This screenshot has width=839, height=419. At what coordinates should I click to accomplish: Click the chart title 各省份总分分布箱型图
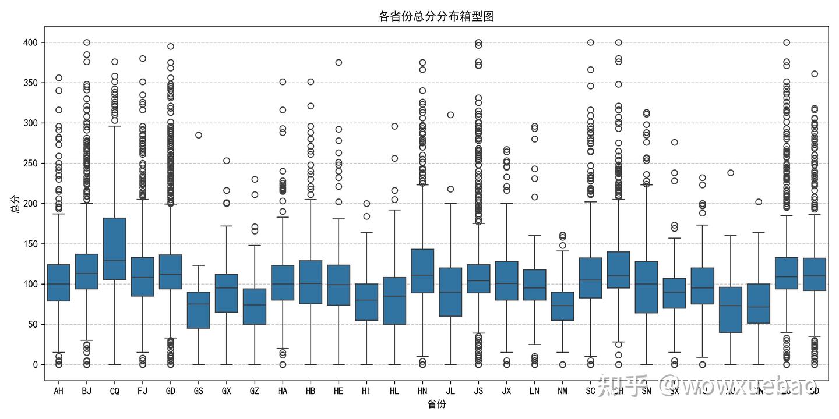click(436, 16)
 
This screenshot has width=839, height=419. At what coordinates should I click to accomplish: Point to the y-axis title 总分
click(15, 204)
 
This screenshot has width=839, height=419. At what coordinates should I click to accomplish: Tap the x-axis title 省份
click(436, 404)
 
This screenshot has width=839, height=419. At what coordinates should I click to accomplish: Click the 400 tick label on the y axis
click(30, 42)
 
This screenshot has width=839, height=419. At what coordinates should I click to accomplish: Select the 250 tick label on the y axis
click(30, 164)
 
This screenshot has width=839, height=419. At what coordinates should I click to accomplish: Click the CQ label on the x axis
click(115, 391)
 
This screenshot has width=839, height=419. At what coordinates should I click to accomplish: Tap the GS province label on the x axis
click(199, 391)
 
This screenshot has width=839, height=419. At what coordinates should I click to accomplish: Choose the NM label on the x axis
click(562, 391)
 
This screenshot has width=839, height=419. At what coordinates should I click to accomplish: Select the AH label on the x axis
click(59, 391)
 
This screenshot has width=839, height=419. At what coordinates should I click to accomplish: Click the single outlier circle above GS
click(199, 135)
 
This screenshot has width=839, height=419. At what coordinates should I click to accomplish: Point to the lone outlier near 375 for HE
click(339, 62)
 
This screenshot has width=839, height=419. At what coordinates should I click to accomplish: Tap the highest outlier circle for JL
click(450, 115)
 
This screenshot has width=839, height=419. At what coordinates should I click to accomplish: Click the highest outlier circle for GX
click(227, 161)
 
